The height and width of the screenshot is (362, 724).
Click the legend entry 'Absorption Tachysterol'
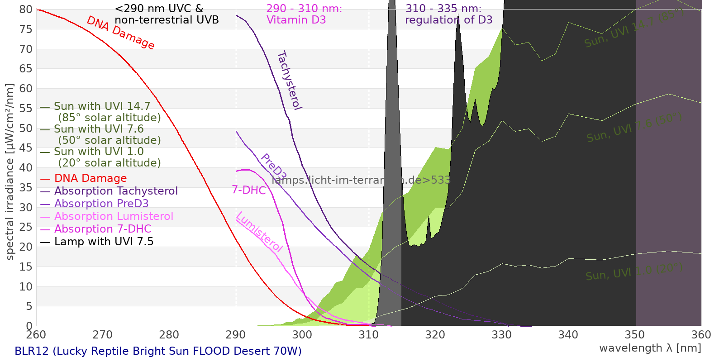tap(116, 191)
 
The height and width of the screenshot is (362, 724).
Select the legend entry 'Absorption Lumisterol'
tap(114, 217)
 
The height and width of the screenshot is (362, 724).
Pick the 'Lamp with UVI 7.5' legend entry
tap(104, 242)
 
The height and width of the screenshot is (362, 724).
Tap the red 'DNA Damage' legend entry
tap(90, 179)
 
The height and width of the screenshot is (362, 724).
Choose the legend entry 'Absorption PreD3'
tap(101, 204)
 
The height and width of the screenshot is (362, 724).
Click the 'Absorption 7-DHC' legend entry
tap(103, 229)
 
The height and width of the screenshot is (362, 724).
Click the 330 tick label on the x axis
tap(502, 335)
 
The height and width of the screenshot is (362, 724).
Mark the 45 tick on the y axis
tap(26, 148)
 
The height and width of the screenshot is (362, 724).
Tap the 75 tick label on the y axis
tap(26, 29)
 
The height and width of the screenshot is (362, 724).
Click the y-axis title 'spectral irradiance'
tap(10, 172)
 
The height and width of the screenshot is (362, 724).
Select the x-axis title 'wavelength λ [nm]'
tap(650, 348)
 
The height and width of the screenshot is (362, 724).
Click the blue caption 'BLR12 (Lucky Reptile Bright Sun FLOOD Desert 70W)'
tap(158, 352)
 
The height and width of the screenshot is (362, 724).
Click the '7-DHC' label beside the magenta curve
tap(249, 191)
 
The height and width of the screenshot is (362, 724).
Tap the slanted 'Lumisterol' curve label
tap(259, 232)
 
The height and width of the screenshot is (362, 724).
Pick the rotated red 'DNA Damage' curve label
tap(121, 33)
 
